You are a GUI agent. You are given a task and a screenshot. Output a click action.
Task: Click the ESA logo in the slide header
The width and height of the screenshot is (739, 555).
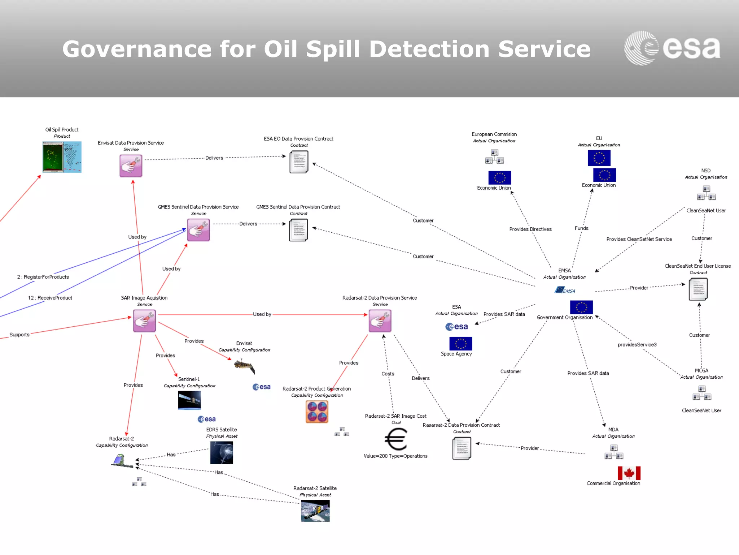click(672, 48)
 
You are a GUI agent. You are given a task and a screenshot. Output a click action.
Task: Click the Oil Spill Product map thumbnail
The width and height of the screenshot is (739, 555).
click(62, 157)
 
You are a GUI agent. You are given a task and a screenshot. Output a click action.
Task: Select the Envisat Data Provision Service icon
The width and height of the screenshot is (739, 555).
click(131, 166)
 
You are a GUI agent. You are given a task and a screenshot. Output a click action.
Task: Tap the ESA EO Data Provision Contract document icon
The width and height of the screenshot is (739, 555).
click(299, 162)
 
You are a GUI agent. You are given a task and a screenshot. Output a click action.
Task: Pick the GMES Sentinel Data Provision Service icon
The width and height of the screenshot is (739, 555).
click(198, 230)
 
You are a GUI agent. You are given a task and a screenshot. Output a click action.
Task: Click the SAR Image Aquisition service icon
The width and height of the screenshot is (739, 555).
click(144, 321)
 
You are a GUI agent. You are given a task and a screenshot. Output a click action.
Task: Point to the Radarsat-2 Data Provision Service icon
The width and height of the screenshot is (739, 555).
click(380, 321)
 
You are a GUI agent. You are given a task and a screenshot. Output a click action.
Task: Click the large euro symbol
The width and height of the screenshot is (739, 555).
click(396, 439)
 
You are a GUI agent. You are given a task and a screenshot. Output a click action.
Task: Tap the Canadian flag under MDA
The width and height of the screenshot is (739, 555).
click(629, 473)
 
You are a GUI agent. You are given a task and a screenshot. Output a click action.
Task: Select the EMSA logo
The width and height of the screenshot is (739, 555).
click(565, 290)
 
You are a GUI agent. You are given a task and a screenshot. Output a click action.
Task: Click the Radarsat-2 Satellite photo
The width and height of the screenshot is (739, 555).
click(315, 511)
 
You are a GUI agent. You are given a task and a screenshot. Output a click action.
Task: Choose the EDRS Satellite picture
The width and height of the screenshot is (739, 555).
click(222, 452)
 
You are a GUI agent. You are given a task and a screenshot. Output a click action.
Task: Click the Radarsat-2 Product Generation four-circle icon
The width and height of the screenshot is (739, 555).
click(317, 412)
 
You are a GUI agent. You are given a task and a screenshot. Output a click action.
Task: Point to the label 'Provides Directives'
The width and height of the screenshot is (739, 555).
click(530, 229)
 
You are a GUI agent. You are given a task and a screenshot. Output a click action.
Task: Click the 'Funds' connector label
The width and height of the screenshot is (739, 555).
click(581, 228)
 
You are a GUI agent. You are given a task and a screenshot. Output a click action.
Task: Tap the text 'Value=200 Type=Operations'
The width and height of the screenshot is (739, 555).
click(395, 456)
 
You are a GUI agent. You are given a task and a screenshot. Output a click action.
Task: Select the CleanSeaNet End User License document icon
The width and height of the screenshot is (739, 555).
click(698, 289)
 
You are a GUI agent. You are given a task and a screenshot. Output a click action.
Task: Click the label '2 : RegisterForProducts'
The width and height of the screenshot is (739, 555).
click(43, 277)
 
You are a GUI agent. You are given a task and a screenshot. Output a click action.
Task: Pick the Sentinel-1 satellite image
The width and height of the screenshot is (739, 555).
click(189, 400)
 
